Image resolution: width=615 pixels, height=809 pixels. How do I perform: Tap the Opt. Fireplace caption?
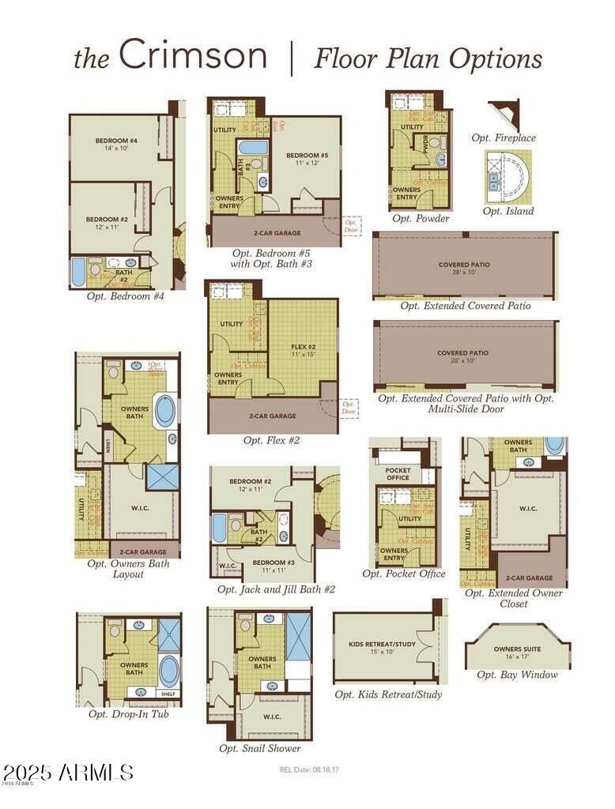tap(504, 138)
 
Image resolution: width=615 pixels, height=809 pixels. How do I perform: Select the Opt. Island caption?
tap(507, 211)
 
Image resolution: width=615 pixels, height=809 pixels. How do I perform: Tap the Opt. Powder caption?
tap(421, 219)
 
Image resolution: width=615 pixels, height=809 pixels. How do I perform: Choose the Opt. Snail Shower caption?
tap(260, 748)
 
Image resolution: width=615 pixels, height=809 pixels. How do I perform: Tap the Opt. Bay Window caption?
tap(517, 675)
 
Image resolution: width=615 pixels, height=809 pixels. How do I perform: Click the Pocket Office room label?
tap(398, 474)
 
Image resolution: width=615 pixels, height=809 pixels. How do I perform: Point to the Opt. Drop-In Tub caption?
tap(128, 714)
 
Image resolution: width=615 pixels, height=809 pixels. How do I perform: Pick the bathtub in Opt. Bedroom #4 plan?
tap(79, 272)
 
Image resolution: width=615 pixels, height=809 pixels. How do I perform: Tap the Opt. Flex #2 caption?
tap(272, 440)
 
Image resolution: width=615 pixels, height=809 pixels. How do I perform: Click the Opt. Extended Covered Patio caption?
tap(465, 306)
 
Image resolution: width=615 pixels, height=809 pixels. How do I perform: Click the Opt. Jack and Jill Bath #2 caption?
tap(277, 589)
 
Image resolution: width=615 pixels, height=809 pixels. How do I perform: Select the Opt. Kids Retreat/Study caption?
tap(388, 694)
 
